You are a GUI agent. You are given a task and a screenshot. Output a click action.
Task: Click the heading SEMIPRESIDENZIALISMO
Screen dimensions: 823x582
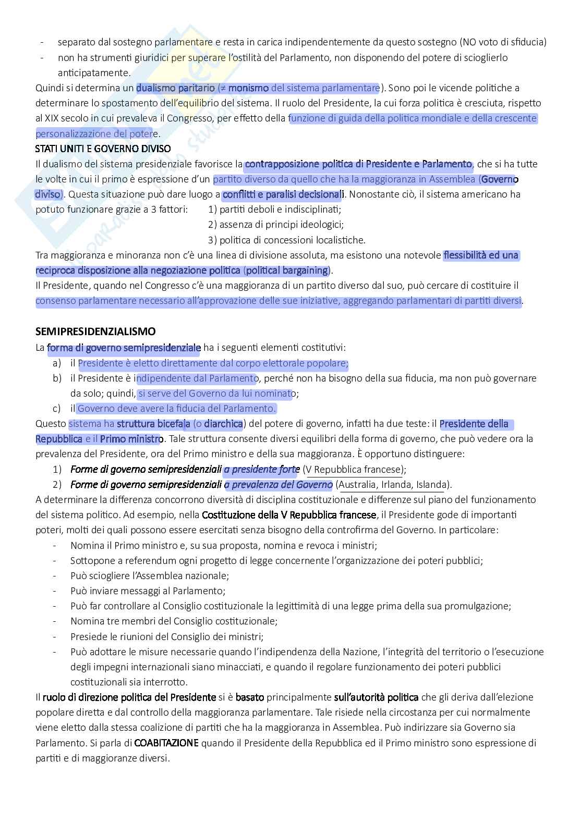(95, 331)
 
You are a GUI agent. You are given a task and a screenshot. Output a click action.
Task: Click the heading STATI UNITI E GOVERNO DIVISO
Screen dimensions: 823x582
(103, 149)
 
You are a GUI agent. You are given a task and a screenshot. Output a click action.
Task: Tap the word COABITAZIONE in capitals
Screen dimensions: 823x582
(166, 743)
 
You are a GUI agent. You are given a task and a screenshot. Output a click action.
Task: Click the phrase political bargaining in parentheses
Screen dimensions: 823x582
(287, 271)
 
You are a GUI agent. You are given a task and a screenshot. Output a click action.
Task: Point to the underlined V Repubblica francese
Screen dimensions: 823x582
(355, 469)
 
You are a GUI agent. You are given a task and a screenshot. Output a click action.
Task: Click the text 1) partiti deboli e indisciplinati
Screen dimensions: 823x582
(274, 210)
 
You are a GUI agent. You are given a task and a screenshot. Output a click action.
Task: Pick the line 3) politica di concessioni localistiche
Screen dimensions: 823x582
(286, 240)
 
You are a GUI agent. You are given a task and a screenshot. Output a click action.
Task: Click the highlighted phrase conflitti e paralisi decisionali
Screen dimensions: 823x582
(282, 194)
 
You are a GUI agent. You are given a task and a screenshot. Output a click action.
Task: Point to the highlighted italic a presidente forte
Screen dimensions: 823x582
(261, 469)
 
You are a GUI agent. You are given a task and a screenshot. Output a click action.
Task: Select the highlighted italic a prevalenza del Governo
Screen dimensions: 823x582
(278, 485)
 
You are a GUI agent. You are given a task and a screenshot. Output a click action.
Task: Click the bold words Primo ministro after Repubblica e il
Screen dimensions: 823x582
(131, 439)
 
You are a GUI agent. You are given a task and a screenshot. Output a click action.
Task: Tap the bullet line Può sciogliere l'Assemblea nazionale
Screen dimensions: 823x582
(149, 576)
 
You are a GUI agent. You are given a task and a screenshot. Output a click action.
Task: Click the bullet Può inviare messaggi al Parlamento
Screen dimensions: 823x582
(148, 591)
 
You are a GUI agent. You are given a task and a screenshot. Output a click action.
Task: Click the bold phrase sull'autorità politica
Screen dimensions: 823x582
(376, 697)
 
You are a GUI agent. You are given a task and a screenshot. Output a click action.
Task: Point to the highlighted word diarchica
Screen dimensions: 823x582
(223, 424)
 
